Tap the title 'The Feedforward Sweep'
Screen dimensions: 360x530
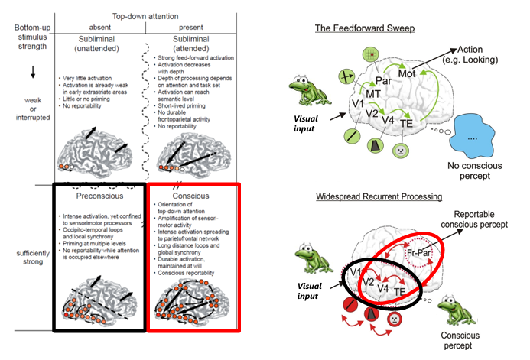coord(366,29)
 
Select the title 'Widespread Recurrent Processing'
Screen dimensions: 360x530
coord(379,196)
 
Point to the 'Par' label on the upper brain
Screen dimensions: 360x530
coord(381,78)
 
